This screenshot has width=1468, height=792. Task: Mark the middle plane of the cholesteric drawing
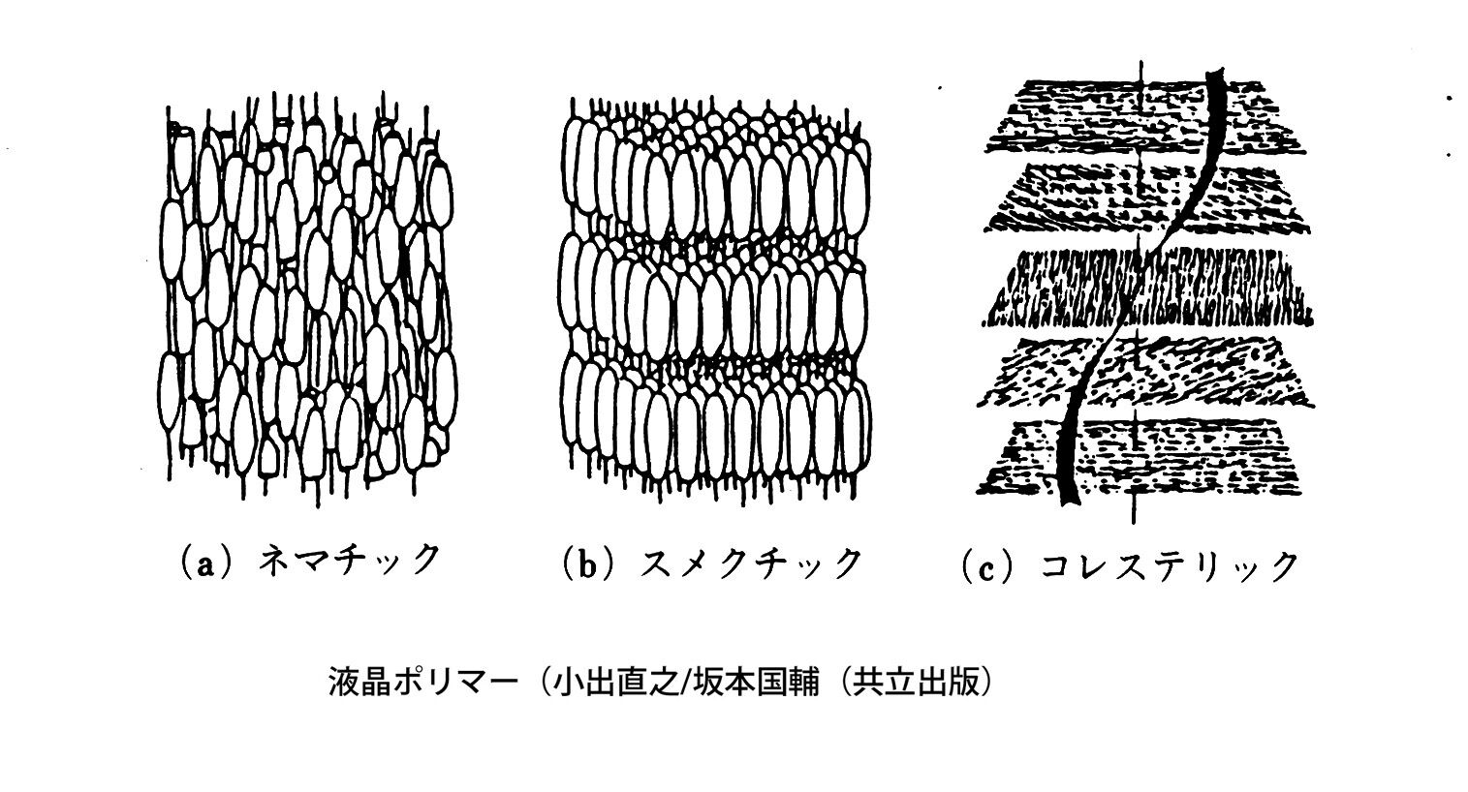(1148, 287)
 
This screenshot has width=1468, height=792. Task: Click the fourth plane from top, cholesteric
(1148, 373)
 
